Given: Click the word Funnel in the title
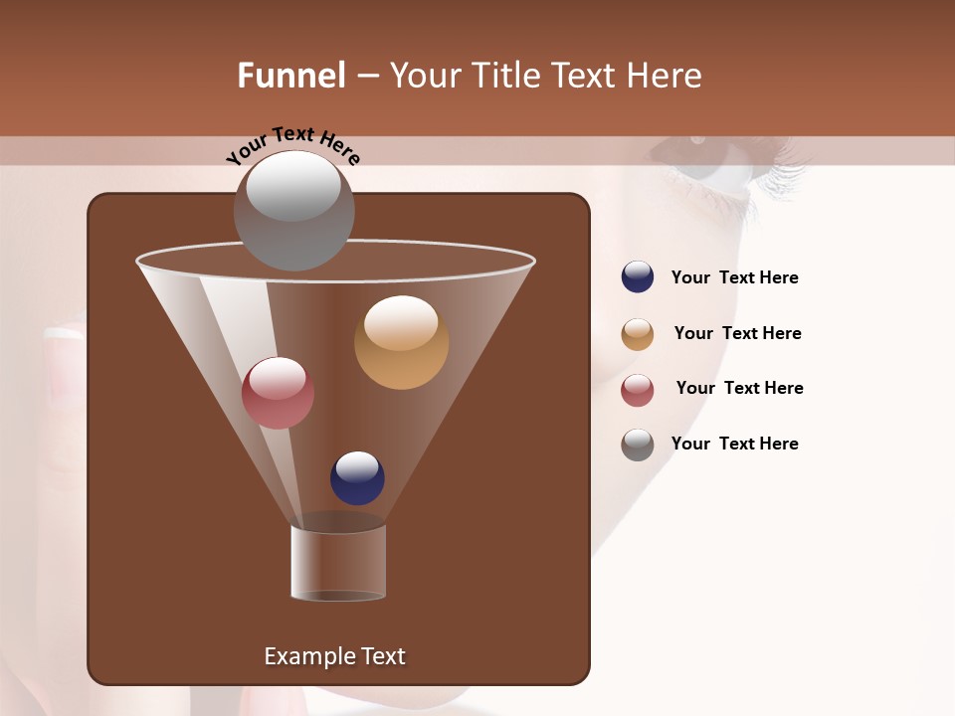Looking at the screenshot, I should tap(290, 76).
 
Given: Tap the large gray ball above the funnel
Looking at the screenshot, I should tap(293, 210).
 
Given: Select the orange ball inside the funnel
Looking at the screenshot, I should tap(401, 342).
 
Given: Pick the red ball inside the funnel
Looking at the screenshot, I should tap(278, 393).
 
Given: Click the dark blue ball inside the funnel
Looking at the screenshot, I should tap(357, 478).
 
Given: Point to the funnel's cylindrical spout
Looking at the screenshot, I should tap(338, 563).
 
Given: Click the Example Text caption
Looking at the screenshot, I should tap(334, 656).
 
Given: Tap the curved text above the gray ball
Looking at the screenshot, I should tap(292, 143).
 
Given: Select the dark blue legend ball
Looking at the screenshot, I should tap(638, 277).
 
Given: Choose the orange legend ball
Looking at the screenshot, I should tap(638, 334).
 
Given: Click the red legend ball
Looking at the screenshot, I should tap(638, 390).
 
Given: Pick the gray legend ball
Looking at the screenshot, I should tap(638, 445).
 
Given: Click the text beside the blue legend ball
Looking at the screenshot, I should tap(734, 278).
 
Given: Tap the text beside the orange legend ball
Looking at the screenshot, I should tap(737, 334).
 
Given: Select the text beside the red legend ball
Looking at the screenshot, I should tap(739, 389).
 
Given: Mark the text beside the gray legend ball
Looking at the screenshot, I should tap(734, 444).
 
